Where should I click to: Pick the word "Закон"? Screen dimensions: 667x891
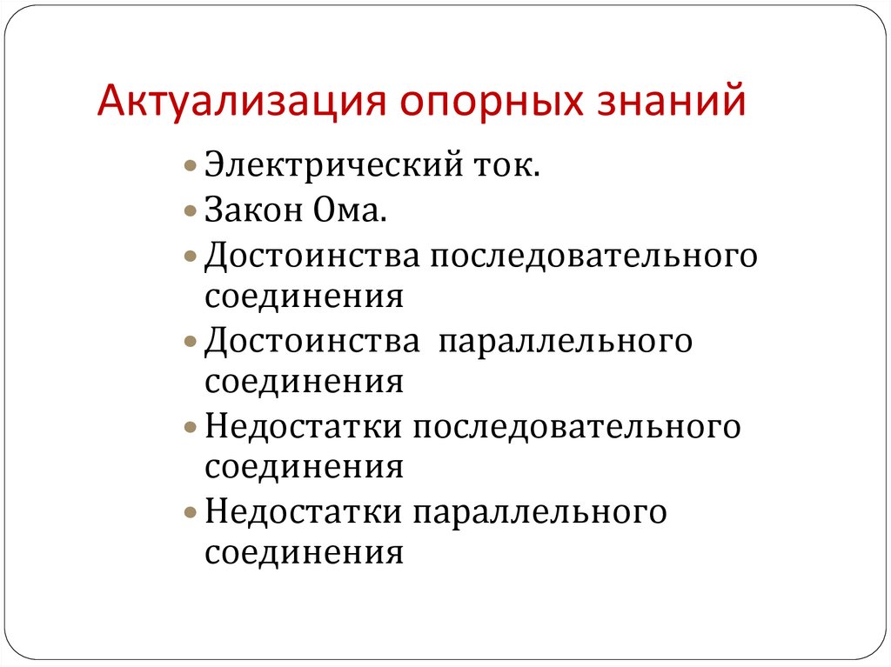[253, 209]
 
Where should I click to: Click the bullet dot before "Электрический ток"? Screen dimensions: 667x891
[191, 165]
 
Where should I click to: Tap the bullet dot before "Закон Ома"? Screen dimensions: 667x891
[191, 209]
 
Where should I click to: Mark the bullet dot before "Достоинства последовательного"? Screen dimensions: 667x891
[191, 257]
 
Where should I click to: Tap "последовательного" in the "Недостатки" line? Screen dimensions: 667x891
[578, 427]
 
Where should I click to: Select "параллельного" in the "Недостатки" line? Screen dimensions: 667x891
[539, 513]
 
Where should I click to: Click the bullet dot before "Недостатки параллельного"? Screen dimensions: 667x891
[191, 513]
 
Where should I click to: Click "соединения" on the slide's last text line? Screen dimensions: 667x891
[305, 553]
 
